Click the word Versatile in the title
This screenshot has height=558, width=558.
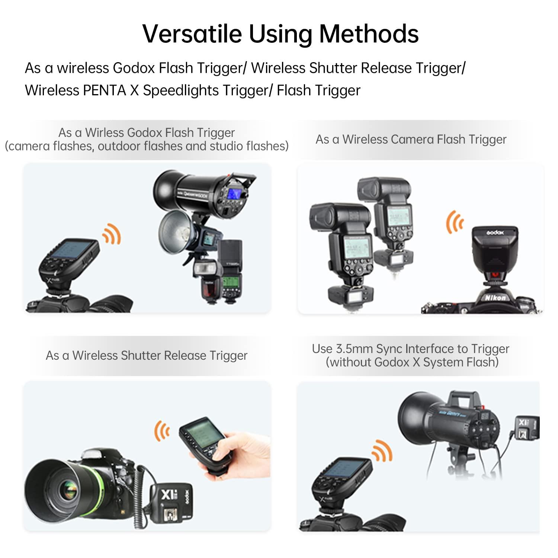[192, 33]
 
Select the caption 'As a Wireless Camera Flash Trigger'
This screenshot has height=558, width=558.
[411, 139]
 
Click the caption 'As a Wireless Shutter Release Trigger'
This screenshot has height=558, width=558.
[147, 355]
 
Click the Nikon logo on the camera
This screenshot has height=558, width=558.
[495, 298]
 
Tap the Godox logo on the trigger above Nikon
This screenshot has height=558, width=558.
[495, 232]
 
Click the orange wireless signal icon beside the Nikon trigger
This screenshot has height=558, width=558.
[455, 222]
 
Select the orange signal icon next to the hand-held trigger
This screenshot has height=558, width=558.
[162, 431]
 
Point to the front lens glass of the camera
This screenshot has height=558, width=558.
[68, 488]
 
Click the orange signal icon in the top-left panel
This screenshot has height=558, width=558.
[112, 234]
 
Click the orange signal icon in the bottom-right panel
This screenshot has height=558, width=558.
[382, 451]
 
